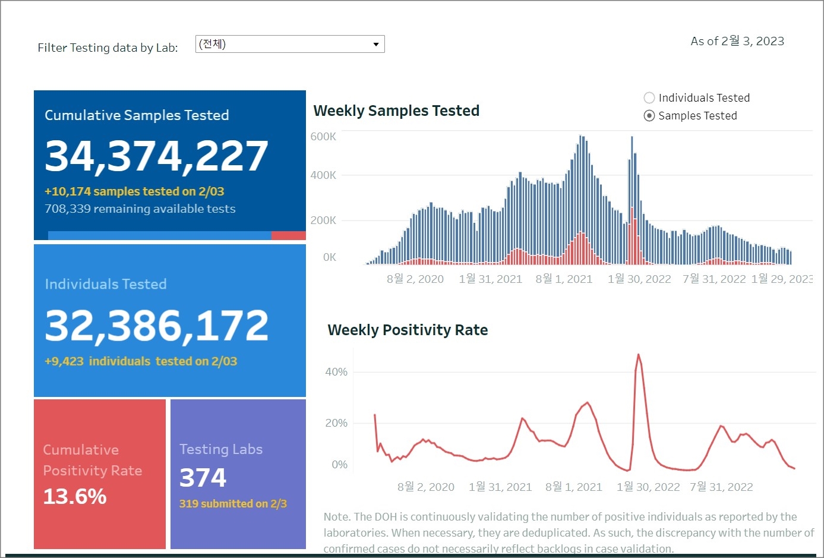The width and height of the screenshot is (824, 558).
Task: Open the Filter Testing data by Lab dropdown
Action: [290, 44]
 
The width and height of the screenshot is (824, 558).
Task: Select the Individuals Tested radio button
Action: [649, 98]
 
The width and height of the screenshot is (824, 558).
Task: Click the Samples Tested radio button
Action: [649, 116]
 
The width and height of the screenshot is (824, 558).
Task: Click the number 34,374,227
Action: [157, 156]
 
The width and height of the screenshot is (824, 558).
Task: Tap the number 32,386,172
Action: [157, 326]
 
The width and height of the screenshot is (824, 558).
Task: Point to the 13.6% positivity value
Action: [75, 496]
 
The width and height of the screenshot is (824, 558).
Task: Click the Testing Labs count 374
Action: [203, 478]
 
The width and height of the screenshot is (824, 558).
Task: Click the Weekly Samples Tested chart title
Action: [396, 111]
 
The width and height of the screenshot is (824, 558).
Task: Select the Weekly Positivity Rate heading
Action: [408, 330]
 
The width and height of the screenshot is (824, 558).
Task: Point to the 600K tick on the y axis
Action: [323, 137]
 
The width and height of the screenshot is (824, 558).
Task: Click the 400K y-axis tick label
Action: [323, 175]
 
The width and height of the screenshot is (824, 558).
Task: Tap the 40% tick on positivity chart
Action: [336, 372]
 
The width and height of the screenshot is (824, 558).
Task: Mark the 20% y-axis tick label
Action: [336, 423]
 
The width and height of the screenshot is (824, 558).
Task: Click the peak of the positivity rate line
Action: [639, 355]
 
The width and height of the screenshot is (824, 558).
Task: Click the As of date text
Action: [737, 41]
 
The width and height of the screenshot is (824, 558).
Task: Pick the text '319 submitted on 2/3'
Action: [233, 504]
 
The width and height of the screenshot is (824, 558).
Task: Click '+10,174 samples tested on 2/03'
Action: [134, 191]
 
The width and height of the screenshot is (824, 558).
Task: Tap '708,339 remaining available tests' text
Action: [140, 209]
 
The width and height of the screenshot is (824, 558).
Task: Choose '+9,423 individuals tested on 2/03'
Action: [141, 361]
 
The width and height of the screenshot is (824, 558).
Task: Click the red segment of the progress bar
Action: [288, 236]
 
